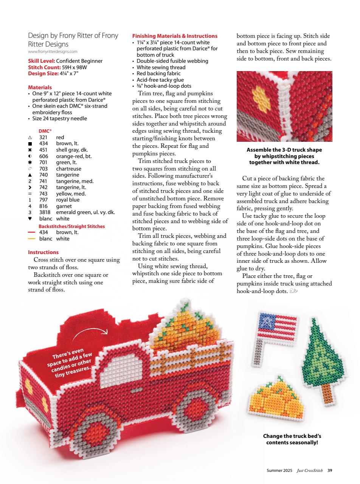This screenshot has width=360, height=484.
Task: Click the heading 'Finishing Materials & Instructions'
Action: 175,36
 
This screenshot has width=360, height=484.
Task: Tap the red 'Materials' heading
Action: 40,87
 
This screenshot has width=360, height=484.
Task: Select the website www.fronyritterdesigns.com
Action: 53,51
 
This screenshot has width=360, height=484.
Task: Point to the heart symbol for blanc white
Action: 30,219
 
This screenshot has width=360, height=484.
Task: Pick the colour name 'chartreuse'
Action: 68,169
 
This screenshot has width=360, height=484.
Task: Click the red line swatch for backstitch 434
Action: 31,233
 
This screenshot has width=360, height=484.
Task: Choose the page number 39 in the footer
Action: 330,470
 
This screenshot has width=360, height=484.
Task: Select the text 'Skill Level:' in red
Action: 42,61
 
